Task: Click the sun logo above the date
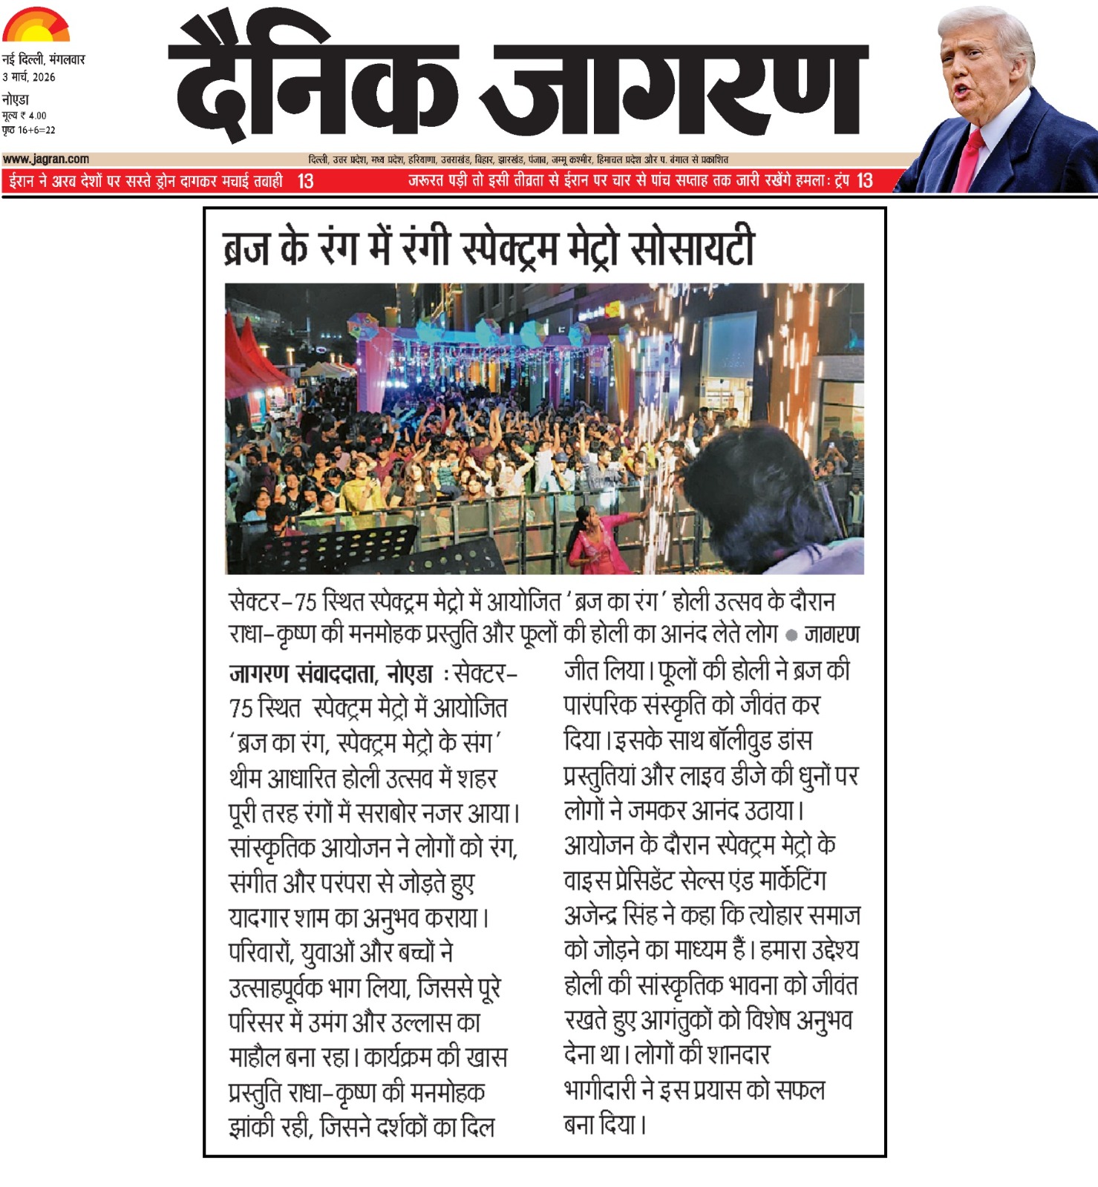click(x=36, y=24)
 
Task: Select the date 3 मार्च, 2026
click(x=29, y=77)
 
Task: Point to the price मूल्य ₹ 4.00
click(x=24, y=115)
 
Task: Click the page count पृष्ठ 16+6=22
click(x=29, y=130)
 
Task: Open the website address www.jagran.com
click(x=46, y=159)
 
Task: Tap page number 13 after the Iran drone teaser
click(x=305, y=181)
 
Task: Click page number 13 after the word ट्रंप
click(x=864, y=181)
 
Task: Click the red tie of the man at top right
click(x=968, y=160)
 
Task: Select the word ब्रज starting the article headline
click(x=246, y=248)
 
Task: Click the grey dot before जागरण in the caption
click(x=791, y=635)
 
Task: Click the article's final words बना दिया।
click(x=605, y=1125)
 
